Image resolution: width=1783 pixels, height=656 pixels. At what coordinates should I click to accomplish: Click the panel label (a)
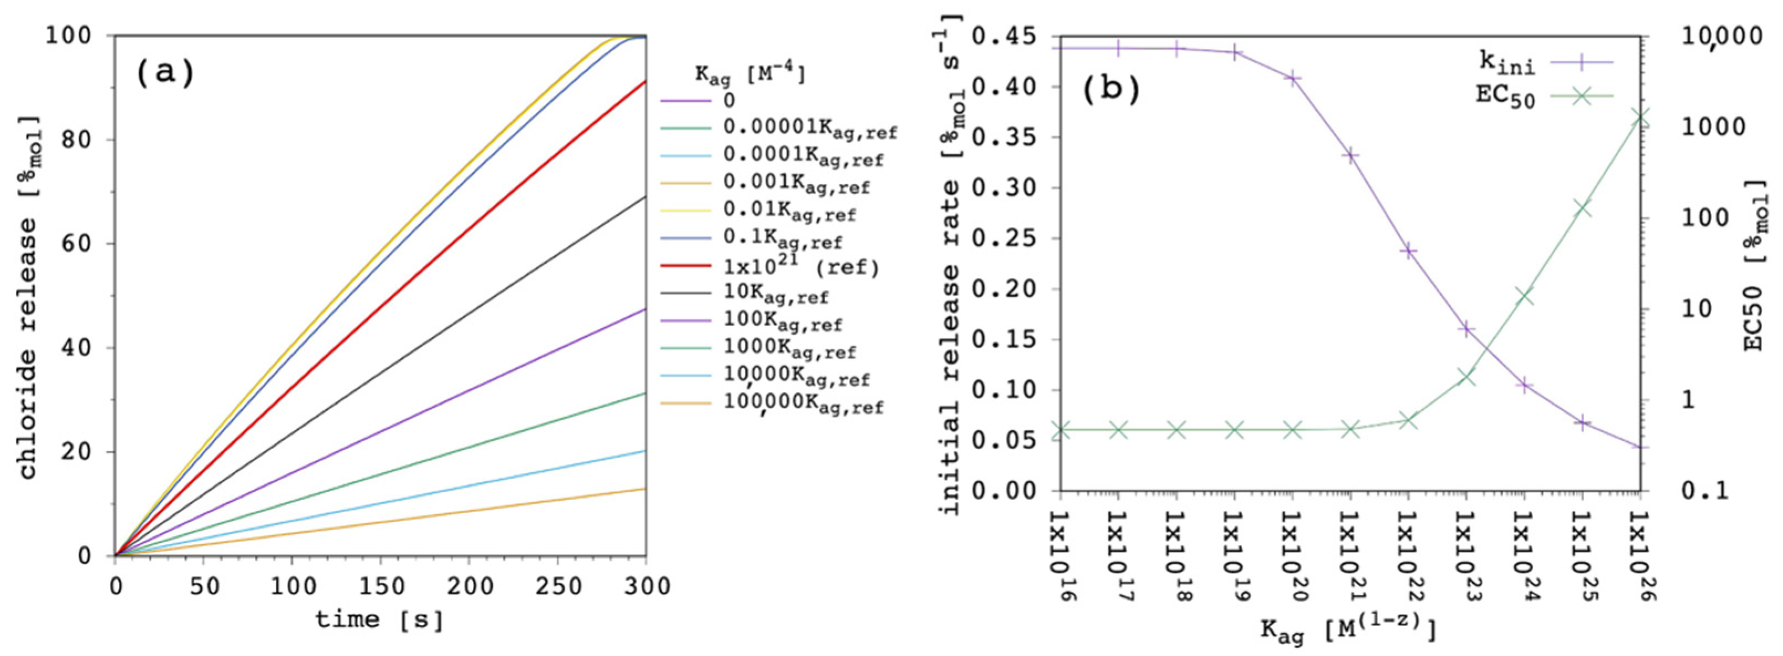point(165,73)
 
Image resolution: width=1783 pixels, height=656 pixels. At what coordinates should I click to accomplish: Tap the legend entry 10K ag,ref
point(775,294)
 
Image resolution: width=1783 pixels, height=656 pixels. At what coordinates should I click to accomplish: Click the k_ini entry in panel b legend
point(1507,63)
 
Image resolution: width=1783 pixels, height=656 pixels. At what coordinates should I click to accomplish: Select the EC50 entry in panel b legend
point(1505,96)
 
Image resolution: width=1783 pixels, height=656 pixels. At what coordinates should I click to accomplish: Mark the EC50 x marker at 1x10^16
point(1061,430)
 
